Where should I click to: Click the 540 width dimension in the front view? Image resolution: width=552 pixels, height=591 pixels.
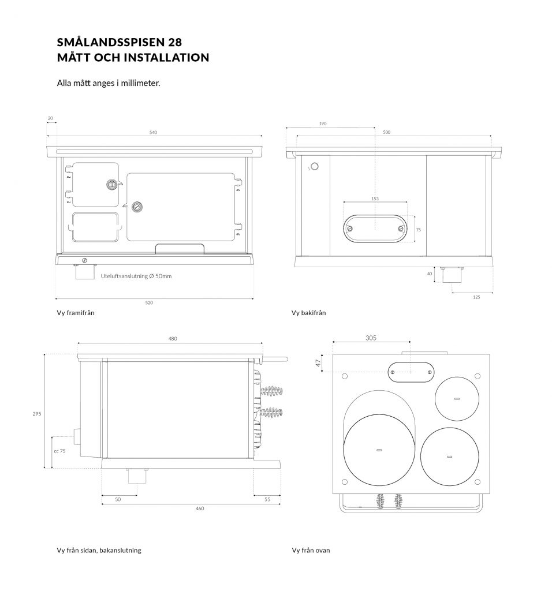point(153,132)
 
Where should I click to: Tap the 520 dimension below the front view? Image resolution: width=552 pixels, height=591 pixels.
point(149,302)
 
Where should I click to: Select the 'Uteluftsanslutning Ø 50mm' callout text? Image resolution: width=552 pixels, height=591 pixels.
point(136,276)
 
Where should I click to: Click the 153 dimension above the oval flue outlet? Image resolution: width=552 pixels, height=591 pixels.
point(375,199)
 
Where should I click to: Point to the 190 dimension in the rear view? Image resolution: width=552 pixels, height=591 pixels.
point(323,124)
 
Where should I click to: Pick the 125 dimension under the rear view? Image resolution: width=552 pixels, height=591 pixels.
point(476,297)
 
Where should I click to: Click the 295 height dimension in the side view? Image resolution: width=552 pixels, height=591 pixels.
point(36,414)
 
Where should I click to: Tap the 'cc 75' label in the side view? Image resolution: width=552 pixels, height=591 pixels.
point(59,451)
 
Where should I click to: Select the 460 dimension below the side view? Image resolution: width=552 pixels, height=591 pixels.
point(199,508)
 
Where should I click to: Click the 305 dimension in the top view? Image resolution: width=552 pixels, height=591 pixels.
point(371,338)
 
